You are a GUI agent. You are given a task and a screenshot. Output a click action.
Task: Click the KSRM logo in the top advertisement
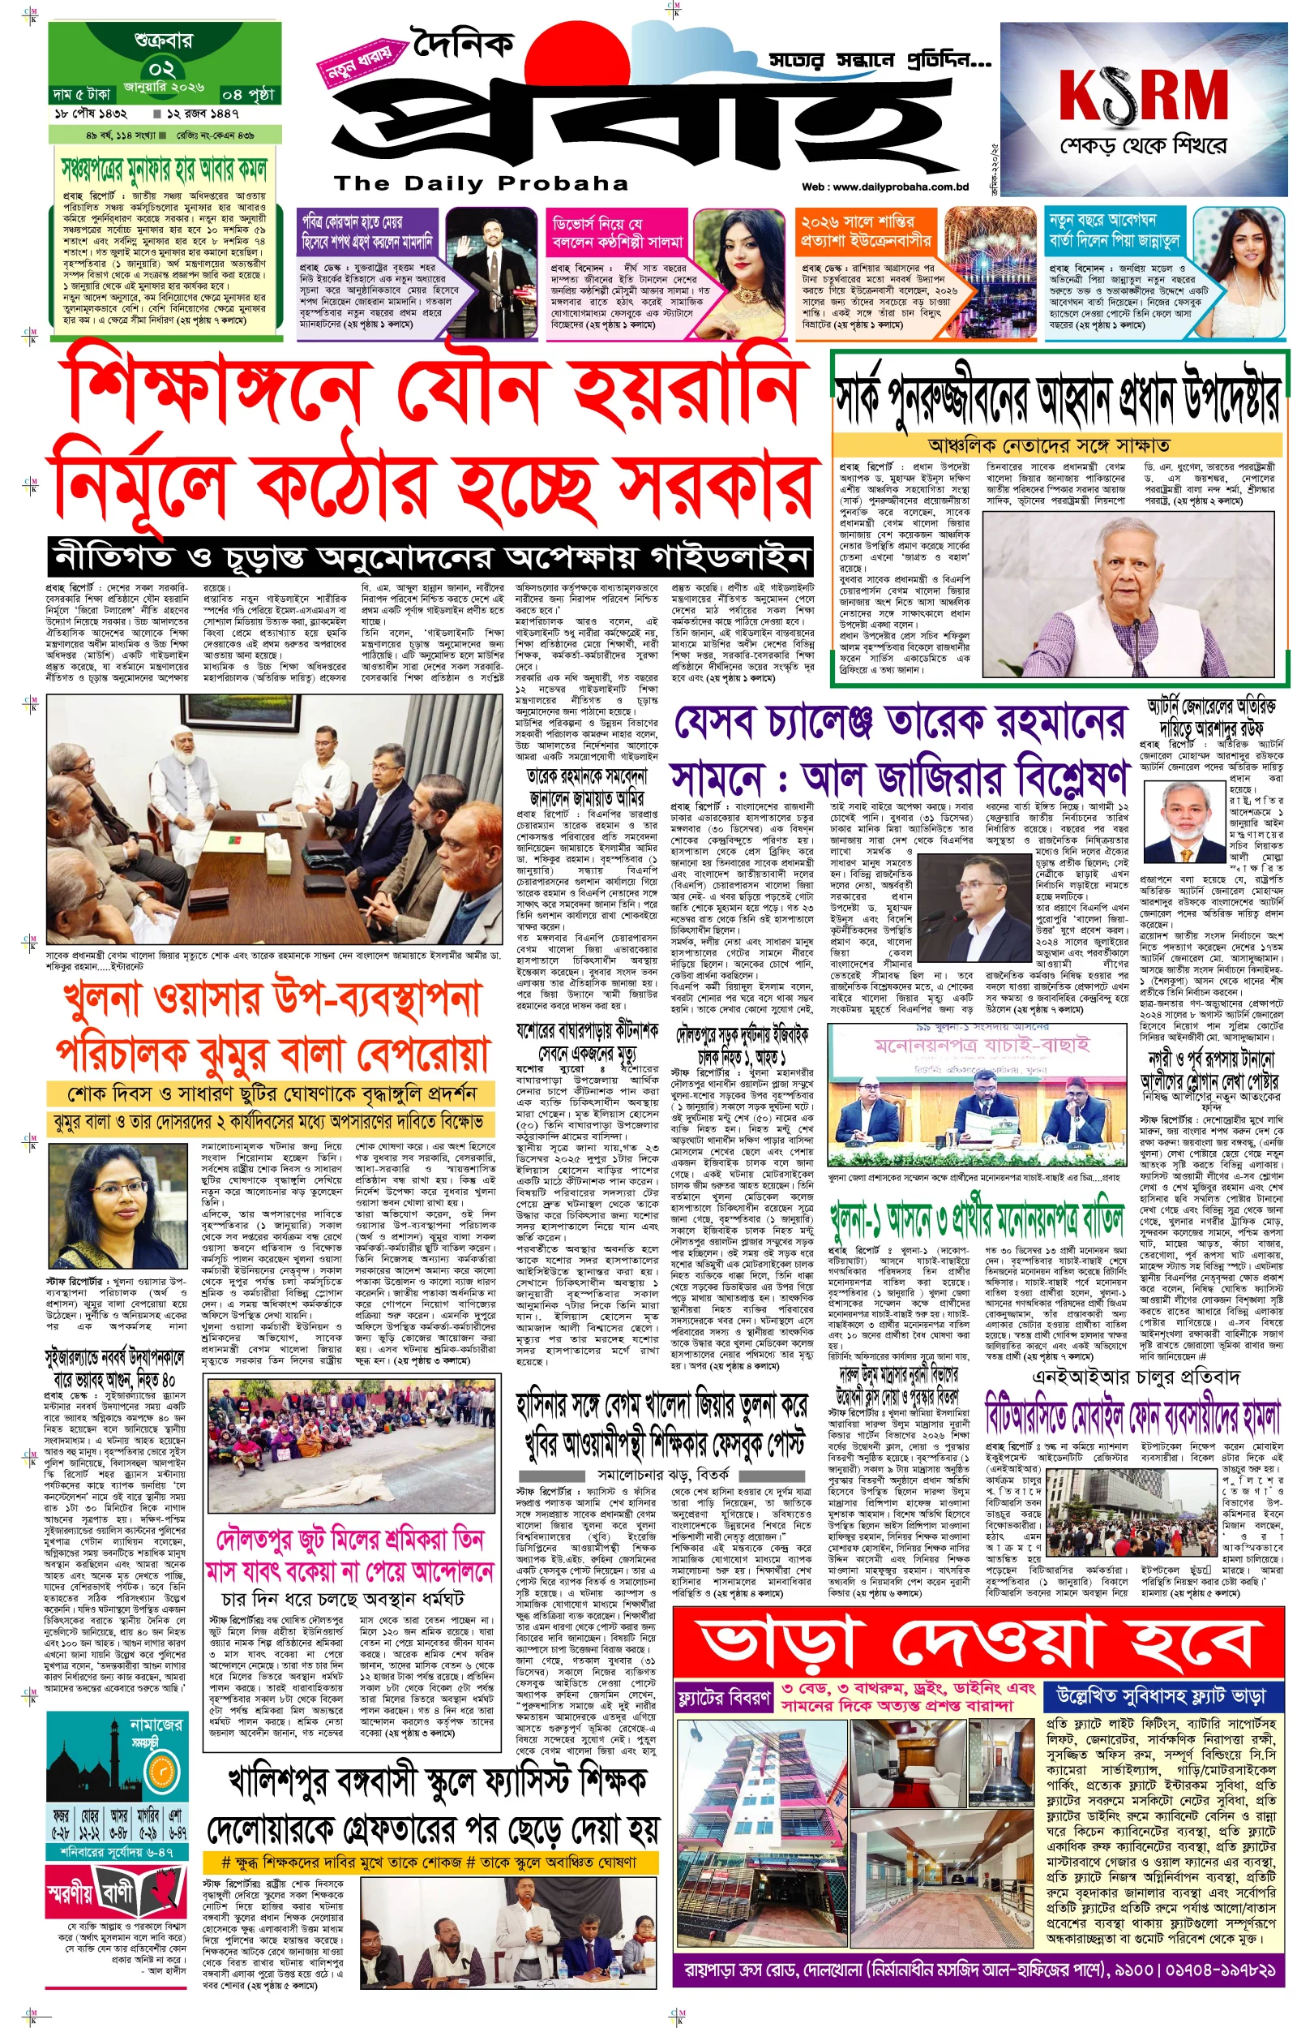[x=1143, y=95]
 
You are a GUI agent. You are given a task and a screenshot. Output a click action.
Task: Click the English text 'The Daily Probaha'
[x=481, y=183]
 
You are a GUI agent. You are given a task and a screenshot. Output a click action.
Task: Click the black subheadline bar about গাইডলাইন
[x=430, y=557]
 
